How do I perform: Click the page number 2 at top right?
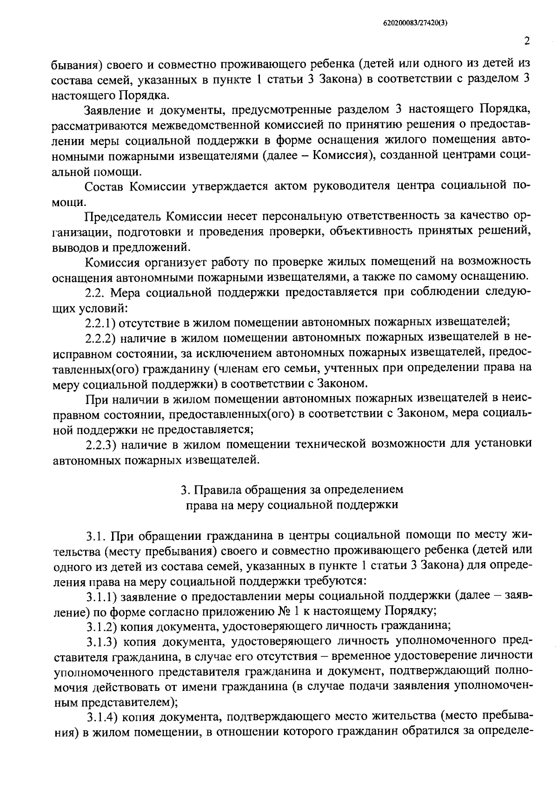tap(526, 41)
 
